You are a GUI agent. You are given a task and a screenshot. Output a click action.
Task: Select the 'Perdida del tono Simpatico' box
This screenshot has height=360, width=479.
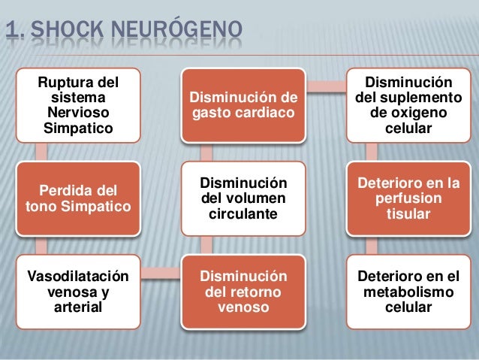coord(77,197)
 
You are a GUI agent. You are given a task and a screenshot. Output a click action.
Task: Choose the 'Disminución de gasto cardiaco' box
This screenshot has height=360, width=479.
coord(243,104)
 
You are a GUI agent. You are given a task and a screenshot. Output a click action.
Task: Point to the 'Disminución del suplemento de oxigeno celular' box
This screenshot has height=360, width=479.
coord(408,104)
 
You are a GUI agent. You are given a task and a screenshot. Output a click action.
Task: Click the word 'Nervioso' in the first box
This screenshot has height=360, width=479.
coord(77,112)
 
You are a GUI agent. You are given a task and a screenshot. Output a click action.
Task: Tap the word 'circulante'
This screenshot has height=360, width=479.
coord(243,214)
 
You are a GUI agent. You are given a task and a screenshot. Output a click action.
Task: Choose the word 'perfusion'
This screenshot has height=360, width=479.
coord(408,198)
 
